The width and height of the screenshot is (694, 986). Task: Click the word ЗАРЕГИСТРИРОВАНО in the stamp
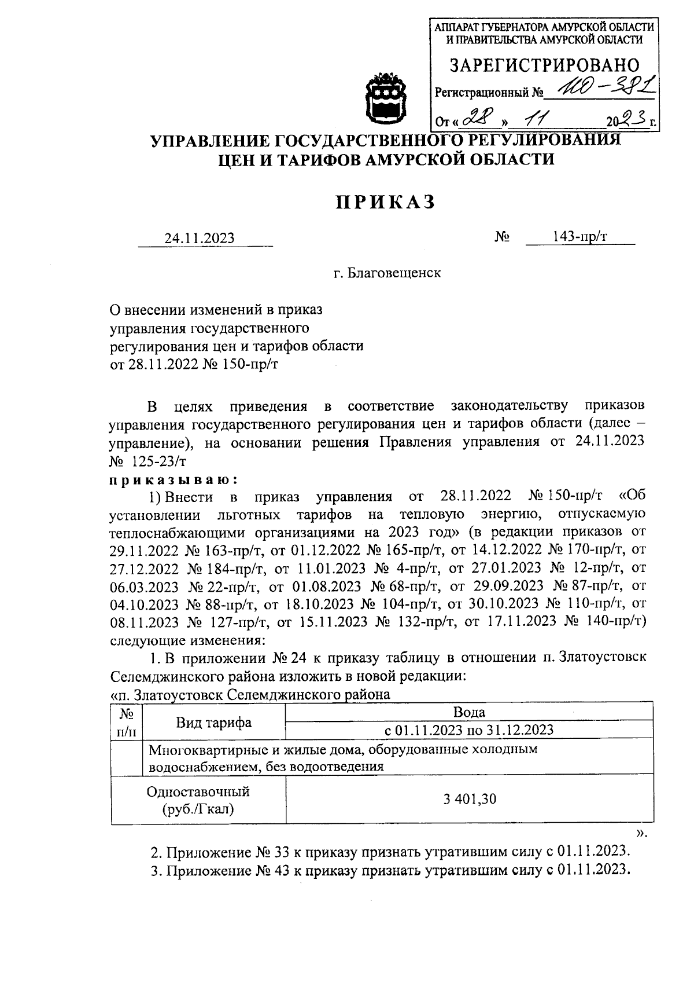pos(545,65)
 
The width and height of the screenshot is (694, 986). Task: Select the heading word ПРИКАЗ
pos(386,202)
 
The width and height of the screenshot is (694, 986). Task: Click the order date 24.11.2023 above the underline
pos(200,238)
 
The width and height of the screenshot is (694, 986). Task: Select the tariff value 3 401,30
pos(470,800)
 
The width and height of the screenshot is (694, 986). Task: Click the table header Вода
pos(469,712)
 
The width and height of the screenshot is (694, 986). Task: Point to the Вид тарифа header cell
pos(214,722)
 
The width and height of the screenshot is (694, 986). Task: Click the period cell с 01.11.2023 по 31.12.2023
pos(469,730)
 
